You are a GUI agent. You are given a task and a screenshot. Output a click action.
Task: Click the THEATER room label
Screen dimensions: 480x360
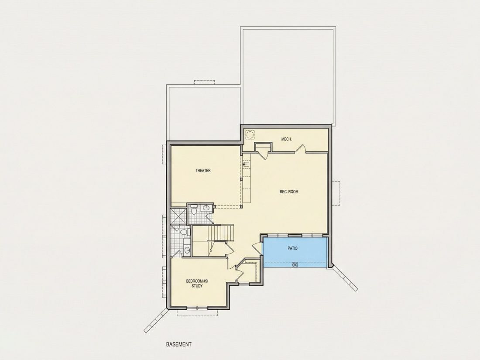click(x=203, y=171)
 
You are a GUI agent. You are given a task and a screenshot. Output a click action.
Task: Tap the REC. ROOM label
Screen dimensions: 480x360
click(x=289, y=192)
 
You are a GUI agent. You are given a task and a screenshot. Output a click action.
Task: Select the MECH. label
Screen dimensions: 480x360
click(x=287, y=139)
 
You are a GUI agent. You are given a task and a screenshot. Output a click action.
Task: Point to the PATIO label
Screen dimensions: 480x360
click(x=292, y=248)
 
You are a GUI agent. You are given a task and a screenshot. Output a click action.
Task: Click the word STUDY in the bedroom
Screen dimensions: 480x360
click(x=197, y=286)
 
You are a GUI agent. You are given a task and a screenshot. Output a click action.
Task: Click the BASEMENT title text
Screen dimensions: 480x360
click(x=179, y=344)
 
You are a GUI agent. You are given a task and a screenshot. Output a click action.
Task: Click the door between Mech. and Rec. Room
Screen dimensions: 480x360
click(x=301, y=148)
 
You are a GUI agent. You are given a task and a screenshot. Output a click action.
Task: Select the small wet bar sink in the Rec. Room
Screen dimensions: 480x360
click(x=246, y=165)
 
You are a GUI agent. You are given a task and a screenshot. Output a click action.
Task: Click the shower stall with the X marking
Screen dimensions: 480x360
click(x=178, y=216)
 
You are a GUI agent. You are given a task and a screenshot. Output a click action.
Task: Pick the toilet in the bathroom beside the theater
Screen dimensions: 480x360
click(x=193, y=210)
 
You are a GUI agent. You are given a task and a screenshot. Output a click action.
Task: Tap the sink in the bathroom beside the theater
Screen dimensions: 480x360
click(x=206, y=208)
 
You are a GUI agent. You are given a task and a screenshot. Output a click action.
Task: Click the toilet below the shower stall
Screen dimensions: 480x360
click(x=183, y=232)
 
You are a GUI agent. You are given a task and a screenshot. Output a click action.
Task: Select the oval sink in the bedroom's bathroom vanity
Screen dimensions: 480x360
click(x=187, y=250)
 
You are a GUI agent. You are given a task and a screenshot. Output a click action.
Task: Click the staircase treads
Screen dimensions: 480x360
click(x=221, y=233)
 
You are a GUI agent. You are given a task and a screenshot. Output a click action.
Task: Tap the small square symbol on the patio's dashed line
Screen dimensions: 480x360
click(x=295, y=264)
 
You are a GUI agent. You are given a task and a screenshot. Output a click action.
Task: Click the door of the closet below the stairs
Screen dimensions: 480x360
click(x=230, y=248)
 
